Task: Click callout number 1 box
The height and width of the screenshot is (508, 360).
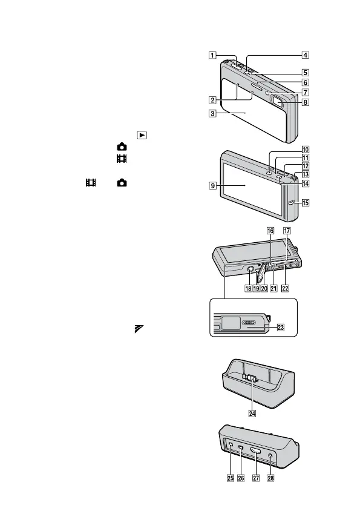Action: point(212,55)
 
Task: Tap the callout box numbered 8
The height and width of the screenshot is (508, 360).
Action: point(306,102)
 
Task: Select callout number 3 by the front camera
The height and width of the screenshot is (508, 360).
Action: point(212,113)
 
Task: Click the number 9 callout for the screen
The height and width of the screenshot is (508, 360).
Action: point(213,186)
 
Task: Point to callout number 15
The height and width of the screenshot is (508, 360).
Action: point(306,203)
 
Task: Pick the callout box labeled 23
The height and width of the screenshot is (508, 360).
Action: point(280,327)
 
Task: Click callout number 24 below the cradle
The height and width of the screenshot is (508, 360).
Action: point(252,414)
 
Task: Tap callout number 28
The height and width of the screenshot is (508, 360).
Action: point(270,478)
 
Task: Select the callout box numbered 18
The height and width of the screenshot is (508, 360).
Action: point(248,288)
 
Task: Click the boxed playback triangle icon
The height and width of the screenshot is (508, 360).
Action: point(142,135)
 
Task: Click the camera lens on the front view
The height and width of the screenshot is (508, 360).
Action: point(278,101)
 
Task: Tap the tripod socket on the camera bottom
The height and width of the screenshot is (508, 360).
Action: point(250,269)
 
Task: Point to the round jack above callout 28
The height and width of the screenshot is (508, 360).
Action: point(270,456)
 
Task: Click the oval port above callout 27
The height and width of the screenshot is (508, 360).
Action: point(255,451)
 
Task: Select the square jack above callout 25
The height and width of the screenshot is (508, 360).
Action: point(231,444)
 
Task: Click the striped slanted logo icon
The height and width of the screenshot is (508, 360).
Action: point(139,329)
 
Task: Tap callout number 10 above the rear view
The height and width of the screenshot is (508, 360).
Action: point(306,150)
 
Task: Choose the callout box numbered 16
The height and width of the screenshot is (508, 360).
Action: point(270,231)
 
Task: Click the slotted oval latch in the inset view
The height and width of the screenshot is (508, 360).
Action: point(249,322)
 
